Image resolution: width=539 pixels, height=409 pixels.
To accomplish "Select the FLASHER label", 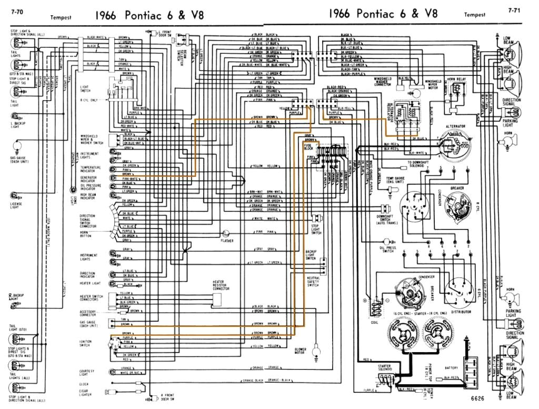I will [x=227, y=241].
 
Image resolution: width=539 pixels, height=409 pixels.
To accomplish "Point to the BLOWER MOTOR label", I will [x=301, y=351].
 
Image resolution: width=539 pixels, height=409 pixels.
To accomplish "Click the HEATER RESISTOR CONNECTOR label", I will [x=221, y=285].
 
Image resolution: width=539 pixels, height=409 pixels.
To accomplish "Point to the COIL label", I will [x=374, y=323].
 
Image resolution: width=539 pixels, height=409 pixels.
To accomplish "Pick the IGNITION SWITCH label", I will [x=86, y=343].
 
